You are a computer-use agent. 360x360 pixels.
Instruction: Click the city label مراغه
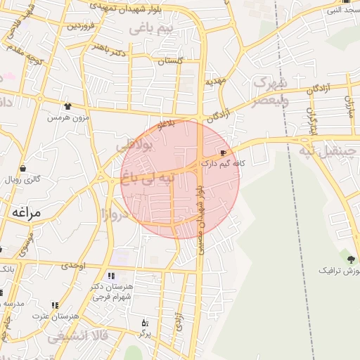point(26,212)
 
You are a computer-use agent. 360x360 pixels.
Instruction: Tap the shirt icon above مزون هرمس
point(67,106)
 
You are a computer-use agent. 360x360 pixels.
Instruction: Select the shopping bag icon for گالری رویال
point(23,169)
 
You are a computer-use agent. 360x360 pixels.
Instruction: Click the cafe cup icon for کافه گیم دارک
point(224,153)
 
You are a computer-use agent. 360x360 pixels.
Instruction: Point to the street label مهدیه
point(215,82)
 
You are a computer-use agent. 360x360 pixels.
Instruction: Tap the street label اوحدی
point(73,266)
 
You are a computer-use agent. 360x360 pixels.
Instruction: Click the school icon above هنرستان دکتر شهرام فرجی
point(111,276)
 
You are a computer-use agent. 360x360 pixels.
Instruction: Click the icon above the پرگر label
point(146,323)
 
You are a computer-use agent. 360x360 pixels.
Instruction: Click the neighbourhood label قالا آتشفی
point(79,337)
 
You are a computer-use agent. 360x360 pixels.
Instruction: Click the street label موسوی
point(26,244)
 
